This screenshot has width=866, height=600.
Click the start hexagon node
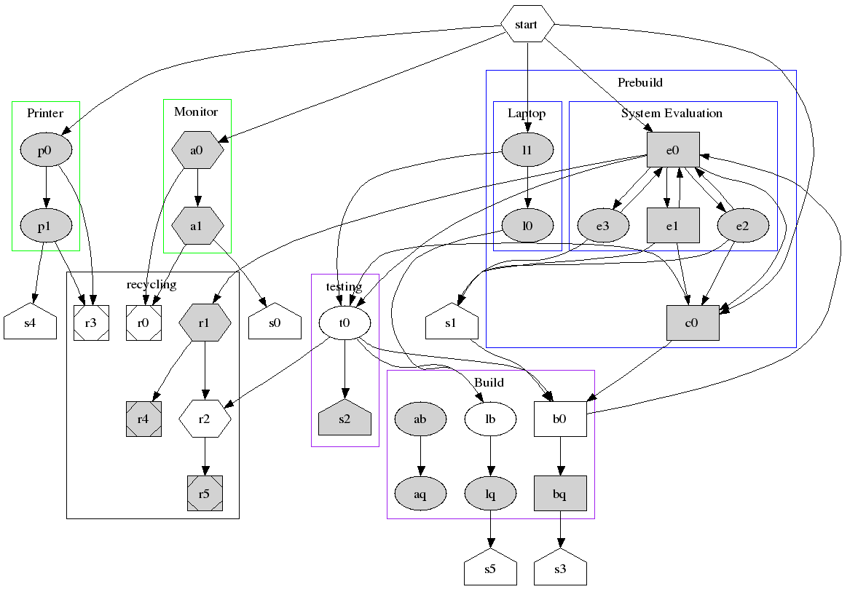tap(526, 25)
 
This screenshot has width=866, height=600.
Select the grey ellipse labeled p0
tap(46, 150)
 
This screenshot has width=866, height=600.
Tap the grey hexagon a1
tap(197, 226)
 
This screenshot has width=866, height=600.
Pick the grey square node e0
tap(673, 150)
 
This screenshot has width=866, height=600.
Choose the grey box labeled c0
tap(693, 323)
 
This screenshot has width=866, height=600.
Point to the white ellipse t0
tap(345, 323)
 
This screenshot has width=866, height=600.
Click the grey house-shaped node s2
tap(345, 419)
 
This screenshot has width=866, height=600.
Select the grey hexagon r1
tap(205, 323)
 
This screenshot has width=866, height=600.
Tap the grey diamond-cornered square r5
tap(205, 494)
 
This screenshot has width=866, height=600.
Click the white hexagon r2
tap(205, 419)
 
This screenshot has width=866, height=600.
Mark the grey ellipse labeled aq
tap(420, 494)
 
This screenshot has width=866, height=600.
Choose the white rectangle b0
tap(560, 419)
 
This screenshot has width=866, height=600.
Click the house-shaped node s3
tap(560, 569)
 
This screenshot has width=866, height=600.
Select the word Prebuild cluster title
tap(640, 82)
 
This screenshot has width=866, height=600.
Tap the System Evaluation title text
tap(672, 113)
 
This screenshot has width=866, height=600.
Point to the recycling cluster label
tap(151, 284)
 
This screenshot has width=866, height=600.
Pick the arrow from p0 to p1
tap(46, 188)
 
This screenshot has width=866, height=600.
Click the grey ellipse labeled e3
tap(602, 226)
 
